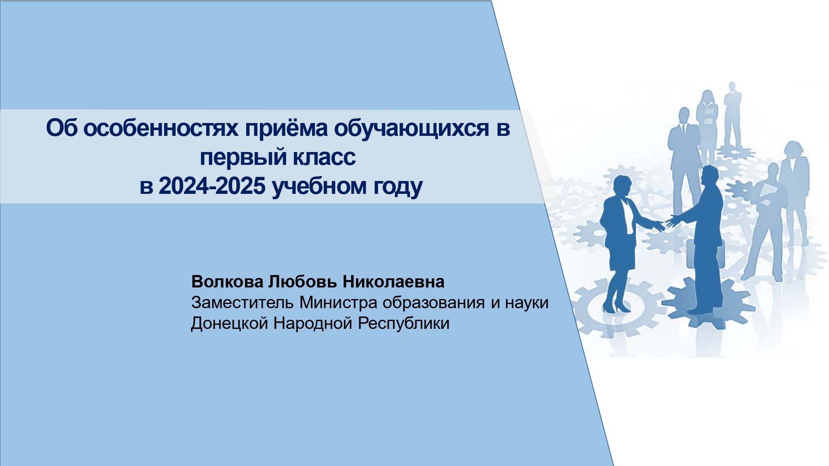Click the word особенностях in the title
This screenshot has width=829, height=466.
click(x=161, y=128)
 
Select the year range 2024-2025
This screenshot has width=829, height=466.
click(x=212, y=186)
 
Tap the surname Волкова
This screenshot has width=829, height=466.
click(x=227, y=282)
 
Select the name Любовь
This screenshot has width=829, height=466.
click(x=303, y=282)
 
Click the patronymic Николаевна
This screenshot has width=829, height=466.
click(x=393, y=282)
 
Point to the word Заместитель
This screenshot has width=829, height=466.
click(x=242, y=303)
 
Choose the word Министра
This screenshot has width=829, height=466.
click(x=338, y=303)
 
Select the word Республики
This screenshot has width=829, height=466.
click(x=404, y=324)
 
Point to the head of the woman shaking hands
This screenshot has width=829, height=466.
click(x=622, y=185)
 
